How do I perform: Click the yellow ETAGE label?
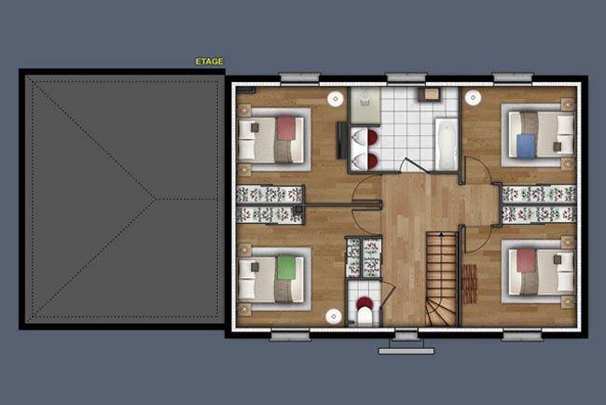pyautogui.click(x=209, y=62)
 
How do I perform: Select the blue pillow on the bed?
pyautogui.click(x=526, y=146)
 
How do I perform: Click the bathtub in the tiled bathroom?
pyautogui.click(x=447, y=144)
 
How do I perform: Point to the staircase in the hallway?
pyautogui.click(x=441, y=278)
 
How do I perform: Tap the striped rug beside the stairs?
pyautogui.click(x=469, y=284)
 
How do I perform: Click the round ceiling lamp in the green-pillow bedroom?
pyautogui.click(x=334, y=316)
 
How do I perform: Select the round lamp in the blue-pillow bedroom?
pyautogui.click(x=473, y=98)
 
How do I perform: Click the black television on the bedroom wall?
pyautogui.click(x=341, y=140)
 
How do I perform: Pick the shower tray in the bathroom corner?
pyautogui.click(x=365, y=105)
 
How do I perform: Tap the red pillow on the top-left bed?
pyautogui.click(x=286, y=128)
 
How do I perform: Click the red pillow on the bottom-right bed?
pyautogui.click(x=526, y=260)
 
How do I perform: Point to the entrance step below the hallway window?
pyautogui.click(x=406, y=351)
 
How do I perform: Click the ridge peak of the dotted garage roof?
pyautogui.click(x=155, y=199)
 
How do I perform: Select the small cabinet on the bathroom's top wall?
pyautogui.click(x=430, y=94)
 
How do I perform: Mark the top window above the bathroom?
pyautogui.click(x=406, y=77)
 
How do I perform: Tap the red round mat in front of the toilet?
pyautogui.click(x=364, y=302)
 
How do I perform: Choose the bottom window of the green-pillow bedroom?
pyautogui.click(x=290, y=335)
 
